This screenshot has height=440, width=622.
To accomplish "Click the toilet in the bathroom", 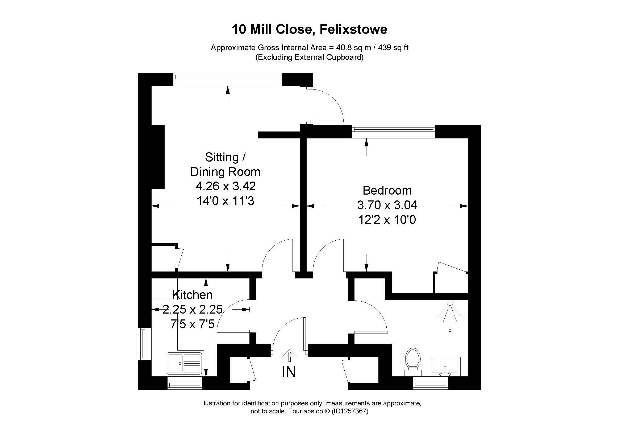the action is pos(413,362).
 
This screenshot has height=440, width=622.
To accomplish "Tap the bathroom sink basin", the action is pos(445,366).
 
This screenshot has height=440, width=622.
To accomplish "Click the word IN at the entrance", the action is pos(289,372).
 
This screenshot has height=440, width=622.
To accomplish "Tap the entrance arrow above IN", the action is pos(289,355).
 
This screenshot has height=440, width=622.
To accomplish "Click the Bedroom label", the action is pos(387,190).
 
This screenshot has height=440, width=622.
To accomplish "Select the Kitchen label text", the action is pos(192,295).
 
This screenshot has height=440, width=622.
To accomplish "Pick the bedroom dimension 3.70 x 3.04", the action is pos(387,205).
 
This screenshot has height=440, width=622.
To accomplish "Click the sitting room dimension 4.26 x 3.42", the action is pos(226,186).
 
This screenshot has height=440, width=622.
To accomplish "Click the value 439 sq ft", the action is pos(393,48).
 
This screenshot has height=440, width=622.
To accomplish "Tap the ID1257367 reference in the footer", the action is pos(350,411).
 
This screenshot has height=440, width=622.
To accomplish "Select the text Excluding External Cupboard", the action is pos(309,57).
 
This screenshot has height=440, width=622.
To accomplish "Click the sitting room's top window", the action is pos(228,79).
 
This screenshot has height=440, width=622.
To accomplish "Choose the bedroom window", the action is pos(393,132).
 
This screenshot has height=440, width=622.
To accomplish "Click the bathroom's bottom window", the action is pos(430,383).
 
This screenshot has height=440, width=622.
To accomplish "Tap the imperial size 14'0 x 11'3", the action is pos(226,201).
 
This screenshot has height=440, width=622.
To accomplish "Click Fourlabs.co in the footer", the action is pos(305,411).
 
